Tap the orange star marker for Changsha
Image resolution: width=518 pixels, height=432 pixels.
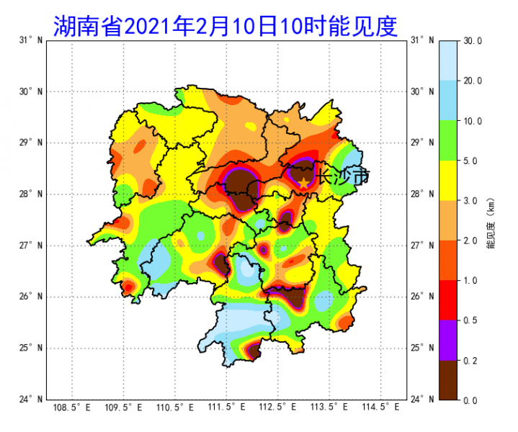coord(304,181)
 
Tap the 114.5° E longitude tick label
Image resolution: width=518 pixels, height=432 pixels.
coord(381,408)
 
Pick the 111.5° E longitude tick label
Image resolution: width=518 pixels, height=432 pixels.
coord(228,408)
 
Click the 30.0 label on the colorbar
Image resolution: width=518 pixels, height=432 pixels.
coord(473,41)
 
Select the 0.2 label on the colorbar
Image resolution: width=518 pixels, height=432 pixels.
coord(473,360)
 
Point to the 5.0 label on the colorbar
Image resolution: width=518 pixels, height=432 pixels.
coord(473,161)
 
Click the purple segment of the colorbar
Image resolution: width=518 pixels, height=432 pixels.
coord(448,340)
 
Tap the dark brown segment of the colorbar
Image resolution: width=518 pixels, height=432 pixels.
coord(448,379)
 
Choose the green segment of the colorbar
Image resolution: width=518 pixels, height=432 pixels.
coord(448,140)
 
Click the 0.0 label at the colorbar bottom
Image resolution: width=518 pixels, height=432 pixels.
coord(473,400)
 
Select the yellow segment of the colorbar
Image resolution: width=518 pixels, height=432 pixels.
coord(448,180)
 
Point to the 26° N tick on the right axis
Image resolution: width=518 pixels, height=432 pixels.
coord(424,297)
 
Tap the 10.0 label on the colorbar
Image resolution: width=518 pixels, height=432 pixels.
coord(473,121)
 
